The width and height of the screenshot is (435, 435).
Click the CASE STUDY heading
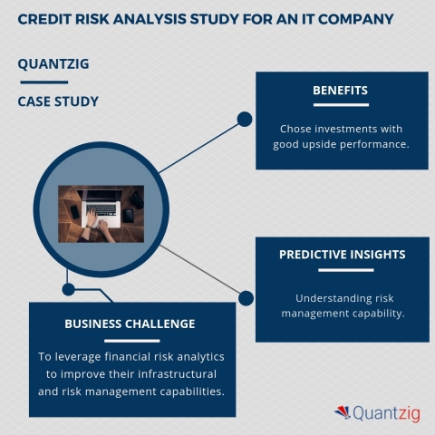coord(58,101)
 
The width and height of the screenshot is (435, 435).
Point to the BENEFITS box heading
coord(340,91)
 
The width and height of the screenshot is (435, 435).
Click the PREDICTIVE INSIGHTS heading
coord(341,255)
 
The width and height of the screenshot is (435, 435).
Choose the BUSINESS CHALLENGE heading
coord(130,324)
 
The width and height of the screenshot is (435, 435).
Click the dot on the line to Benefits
coord(244,119)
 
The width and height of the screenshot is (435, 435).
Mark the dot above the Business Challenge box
coord(67,290)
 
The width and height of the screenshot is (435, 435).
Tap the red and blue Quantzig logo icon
coord(343,412)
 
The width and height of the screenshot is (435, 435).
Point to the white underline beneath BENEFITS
coord(340,105)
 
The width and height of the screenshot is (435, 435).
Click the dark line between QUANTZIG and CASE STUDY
coord(43,82)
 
